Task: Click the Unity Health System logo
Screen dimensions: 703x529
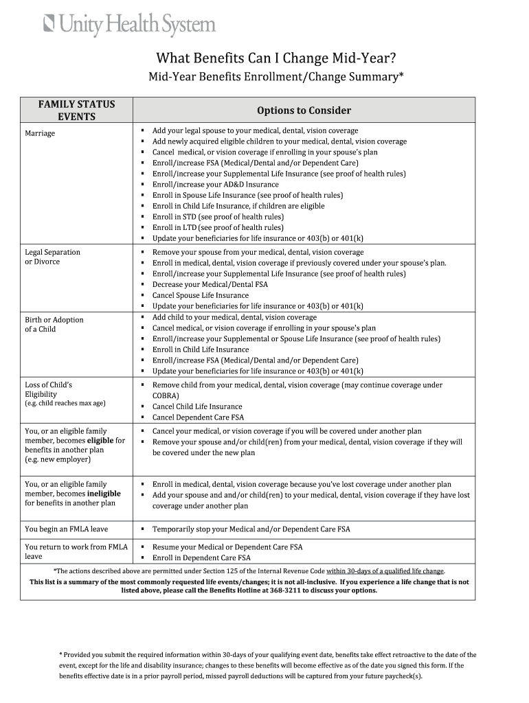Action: point(130,25)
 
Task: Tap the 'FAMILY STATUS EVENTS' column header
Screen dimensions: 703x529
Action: point(76,110)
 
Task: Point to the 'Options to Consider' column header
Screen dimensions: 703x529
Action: point(304,111)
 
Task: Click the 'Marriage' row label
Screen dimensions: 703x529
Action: point(40,133)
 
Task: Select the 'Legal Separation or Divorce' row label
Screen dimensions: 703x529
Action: point(52,257)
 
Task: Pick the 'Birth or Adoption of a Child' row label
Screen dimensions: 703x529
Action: point(54,324)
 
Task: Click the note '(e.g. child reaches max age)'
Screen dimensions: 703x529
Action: point(65,403)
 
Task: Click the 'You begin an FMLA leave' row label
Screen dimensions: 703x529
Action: point(67,529)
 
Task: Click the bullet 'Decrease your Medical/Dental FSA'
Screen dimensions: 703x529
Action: point(210,284)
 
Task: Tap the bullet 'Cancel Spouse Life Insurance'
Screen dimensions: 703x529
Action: point(201,295)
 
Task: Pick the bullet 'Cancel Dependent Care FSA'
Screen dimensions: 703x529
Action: point(198,417)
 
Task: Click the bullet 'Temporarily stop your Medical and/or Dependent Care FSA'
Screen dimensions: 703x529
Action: point(251,529)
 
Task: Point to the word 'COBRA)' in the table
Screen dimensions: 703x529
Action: point(166,396)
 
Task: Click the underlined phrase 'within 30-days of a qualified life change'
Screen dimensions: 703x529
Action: point(385,571)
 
